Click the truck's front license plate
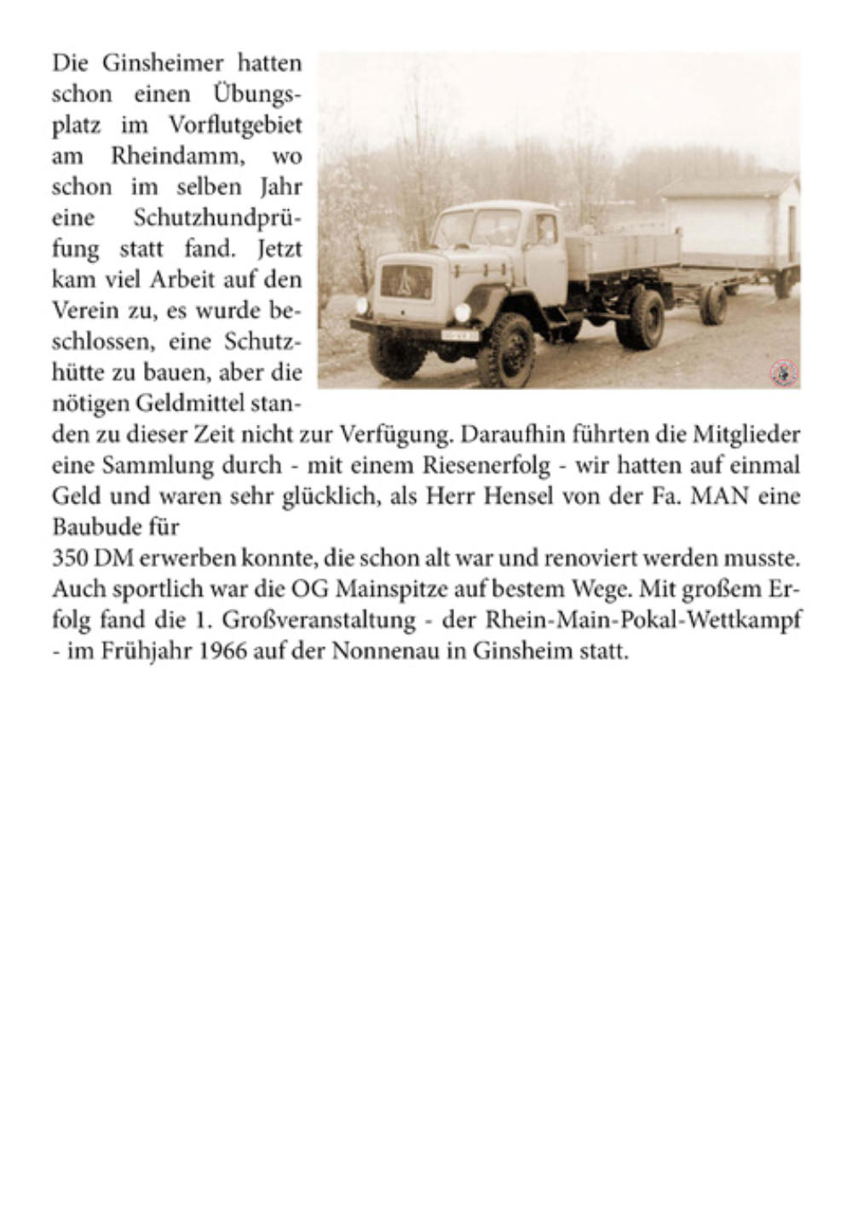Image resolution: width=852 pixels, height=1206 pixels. tap(460, 336)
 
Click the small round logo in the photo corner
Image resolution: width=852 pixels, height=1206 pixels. tap(783, 371)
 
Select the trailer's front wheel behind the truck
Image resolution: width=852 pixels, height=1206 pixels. tap(713, 305)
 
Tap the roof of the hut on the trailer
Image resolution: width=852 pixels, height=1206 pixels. tap(728, 185)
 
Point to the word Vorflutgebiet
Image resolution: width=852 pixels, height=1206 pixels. tap(235, 125)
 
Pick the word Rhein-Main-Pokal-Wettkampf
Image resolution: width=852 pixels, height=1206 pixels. tap(643, 621)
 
